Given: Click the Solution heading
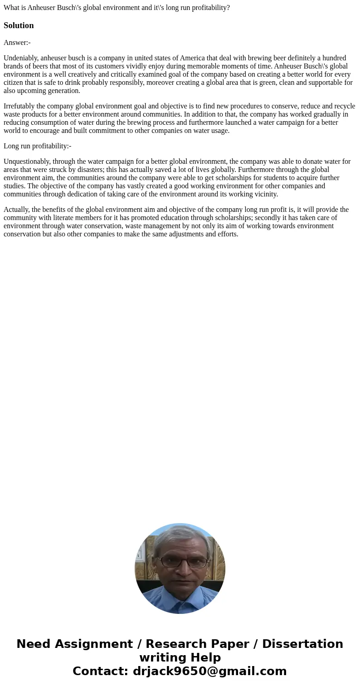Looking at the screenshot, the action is pyautogui.click(x=19, y=25).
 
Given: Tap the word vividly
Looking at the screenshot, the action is pyautogui.click(x=170, y=66).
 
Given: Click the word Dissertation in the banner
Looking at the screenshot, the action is pyautogui.click(x=302, y=644).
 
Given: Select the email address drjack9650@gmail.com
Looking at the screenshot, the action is pyautogui.click(x=210, y=671).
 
